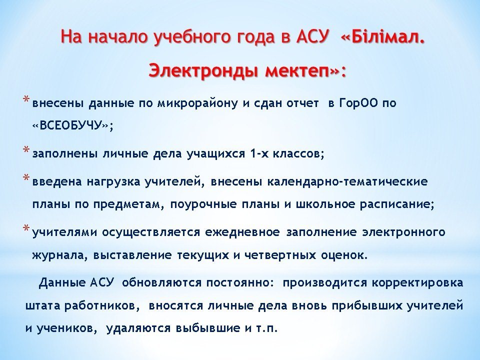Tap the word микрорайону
coord(198,104)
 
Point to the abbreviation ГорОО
coord(358,103)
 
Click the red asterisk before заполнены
coord(26,150)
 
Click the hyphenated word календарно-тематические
coord(347,181)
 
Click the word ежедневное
coord(242,232)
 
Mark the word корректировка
coord(417,282)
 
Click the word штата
coord(43,306)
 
